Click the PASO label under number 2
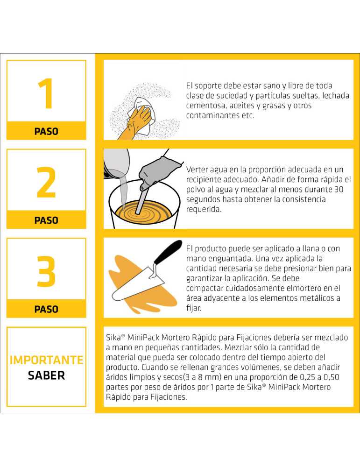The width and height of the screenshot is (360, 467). coord(46,220)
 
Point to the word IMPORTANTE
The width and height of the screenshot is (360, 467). coord(46,360)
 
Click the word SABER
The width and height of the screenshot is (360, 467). coord(46,375)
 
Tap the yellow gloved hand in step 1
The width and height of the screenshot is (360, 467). coord(134,122)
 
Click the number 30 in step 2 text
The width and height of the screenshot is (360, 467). coord(345,189)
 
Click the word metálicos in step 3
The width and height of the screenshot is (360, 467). coord(315,298)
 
